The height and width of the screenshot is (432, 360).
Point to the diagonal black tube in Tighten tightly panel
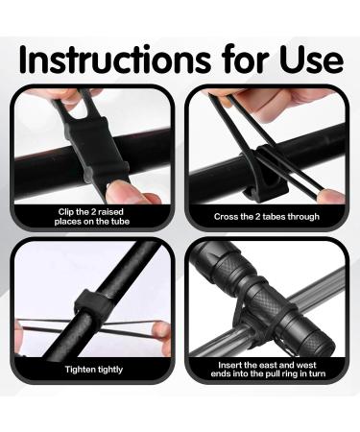tap(125, 269)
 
